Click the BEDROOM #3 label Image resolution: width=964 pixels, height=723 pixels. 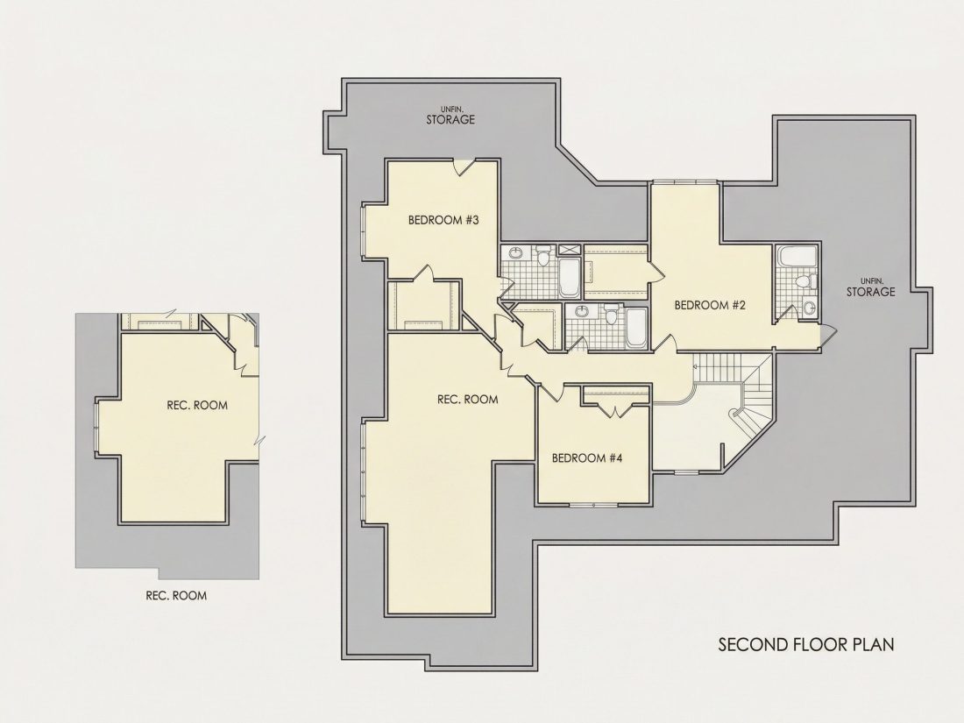443,220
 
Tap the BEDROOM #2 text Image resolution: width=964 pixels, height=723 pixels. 710,305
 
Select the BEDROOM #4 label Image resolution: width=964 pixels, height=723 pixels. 587,458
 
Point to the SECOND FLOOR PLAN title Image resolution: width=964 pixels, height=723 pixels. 806,644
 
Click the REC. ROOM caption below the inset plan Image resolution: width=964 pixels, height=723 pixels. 176,596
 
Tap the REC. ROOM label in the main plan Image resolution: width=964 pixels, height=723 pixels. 468,400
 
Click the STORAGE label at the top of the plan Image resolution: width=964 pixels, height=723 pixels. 450,120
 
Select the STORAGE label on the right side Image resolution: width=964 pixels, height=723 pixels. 870,292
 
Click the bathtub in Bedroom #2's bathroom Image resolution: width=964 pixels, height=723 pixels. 797,257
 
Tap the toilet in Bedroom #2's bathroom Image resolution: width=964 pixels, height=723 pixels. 805,281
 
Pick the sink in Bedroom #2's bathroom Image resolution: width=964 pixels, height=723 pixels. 810,307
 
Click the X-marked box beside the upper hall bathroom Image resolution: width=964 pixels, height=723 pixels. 570,251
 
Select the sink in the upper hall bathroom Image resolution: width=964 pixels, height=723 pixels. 514,252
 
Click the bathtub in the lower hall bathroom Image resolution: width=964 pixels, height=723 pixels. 635,329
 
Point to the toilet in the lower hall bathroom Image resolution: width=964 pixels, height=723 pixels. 611,314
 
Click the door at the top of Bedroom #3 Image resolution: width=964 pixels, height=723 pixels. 464,166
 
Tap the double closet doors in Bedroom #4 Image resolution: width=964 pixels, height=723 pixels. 616,409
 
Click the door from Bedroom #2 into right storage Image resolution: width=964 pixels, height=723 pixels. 827,332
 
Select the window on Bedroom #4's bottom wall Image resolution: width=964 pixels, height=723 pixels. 593,506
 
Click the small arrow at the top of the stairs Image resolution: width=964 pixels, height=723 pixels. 696,366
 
